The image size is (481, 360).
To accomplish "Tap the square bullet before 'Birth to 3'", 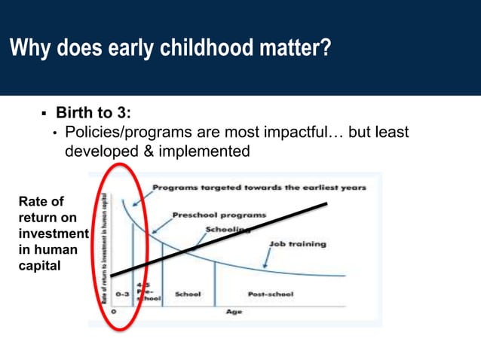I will coord(43,114).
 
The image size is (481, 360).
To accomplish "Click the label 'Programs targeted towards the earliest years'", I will coord(259,187).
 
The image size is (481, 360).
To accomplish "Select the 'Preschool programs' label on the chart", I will coord(219,215).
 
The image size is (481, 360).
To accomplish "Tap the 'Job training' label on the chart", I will coord(297,244).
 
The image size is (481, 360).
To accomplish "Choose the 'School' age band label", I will coord(188,294).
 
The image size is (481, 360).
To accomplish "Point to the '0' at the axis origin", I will coord(114,310).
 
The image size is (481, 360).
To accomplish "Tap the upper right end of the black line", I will coord(326,203).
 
